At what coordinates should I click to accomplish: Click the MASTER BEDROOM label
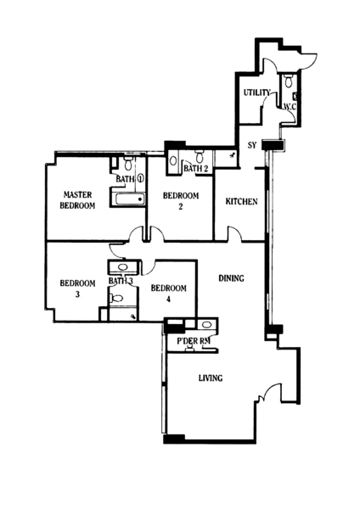tap(77, 200)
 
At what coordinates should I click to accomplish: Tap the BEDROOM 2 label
tap(181, 200)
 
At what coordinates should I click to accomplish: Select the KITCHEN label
tap(241, 202)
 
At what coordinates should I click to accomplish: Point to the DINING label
tap(231, 278)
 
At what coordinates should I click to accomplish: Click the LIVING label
tap(211, 378)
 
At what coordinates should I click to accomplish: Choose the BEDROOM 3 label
tap(77, 288)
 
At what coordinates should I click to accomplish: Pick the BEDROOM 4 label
tap(169, 294)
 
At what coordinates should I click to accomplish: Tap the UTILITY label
tap(257, 92)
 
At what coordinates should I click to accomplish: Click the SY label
tap(252, 145)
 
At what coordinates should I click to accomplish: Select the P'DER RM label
tap(194, 341)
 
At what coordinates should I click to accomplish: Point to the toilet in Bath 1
tap(128, 163)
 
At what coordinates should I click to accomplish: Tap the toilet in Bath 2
tap(199, 156)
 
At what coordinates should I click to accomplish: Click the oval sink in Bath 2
tap(173, 160)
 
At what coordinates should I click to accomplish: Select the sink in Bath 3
tap(122, 267)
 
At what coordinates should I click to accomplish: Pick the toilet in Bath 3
tap(116, 298)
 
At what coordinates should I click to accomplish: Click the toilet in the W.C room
tap(288, 81)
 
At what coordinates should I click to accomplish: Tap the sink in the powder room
tap(206, 324)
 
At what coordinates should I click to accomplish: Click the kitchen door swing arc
tap(234, 232)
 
